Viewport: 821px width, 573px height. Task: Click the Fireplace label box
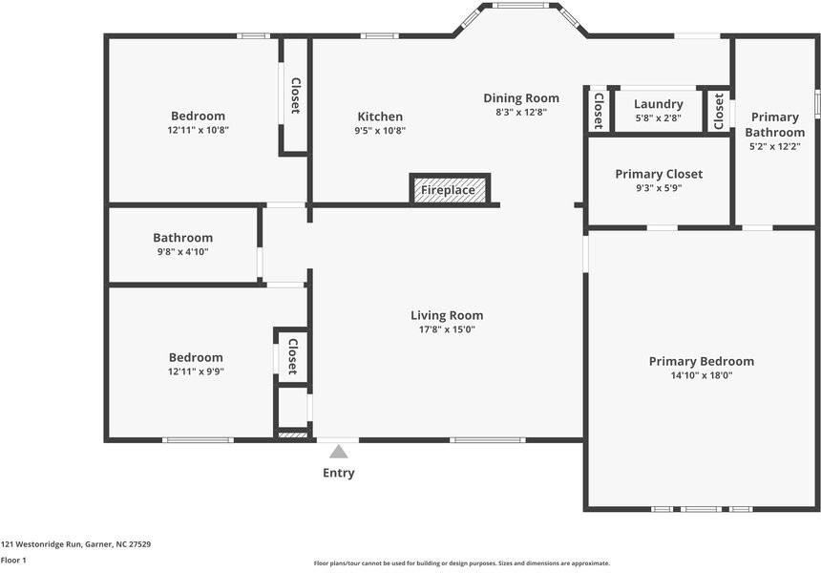(449, 190)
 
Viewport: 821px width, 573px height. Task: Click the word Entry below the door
(338, 473)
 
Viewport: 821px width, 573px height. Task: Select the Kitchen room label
(380, 117)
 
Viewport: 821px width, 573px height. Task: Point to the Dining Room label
(521, 98)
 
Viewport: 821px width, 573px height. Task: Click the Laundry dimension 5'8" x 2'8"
(659, 118)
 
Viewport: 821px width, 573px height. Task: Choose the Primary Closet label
(659, 174)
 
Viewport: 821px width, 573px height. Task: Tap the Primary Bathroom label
(774, 125)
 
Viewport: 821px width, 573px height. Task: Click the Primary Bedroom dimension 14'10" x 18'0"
(702, 375)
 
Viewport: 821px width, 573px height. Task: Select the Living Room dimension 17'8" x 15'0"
(447, 329)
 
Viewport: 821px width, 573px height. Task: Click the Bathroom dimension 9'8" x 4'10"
(182, 252)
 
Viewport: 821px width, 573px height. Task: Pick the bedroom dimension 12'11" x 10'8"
(198, 130)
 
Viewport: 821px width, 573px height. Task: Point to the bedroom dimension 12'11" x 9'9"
(196, 371)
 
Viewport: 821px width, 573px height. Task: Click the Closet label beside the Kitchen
(295, 95)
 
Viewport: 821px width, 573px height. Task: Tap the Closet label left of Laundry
(599, 111)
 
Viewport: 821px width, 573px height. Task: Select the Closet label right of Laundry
(719, 111)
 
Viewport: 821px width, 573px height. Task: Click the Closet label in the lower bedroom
(292, 356)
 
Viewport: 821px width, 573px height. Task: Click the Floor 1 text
(13, 561)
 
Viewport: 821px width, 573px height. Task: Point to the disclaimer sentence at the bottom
(461, 563)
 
